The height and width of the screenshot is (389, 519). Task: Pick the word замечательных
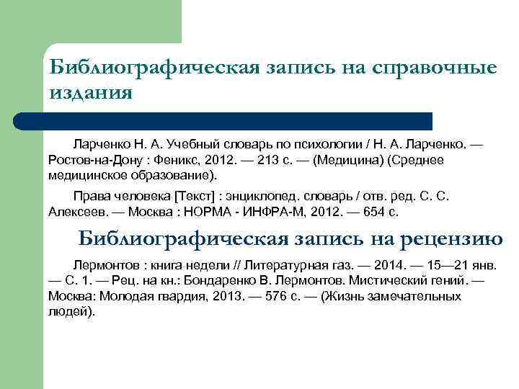click(x=430, y=295)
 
